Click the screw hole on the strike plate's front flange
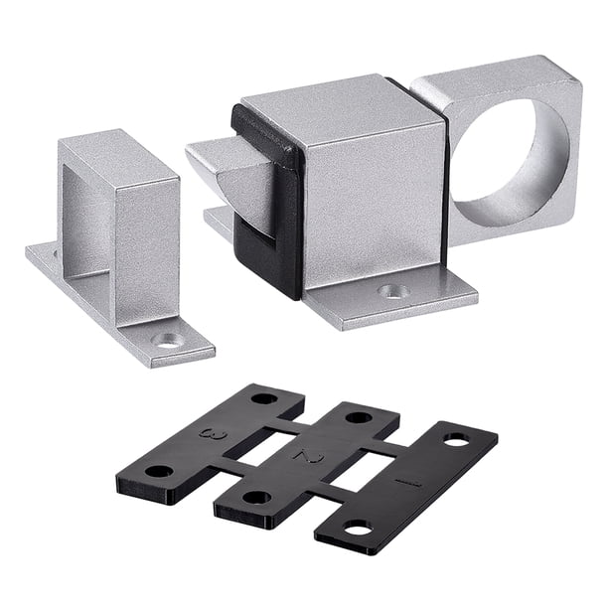[x=168, y=340]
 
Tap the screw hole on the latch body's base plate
[x=394, y=291]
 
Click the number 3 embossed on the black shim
[x=213, y=433]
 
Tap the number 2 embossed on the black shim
[x=309, y=457]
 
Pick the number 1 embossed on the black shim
[x=407, y=483]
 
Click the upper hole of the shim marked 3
[x=263, y=398]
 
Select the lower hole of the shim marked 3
[x=159, y=472]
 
